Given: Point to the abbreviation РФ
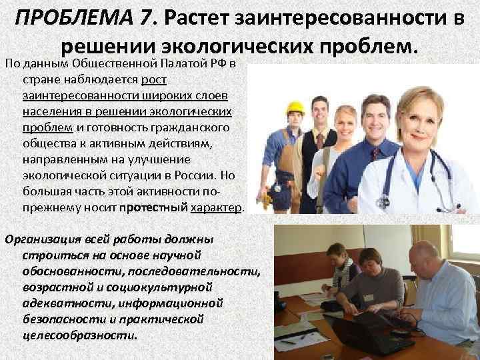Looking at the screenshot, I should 219,64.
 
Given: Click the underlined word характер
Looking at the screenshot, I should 217,208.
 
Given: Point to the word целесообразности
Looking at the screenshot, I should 78,335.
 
